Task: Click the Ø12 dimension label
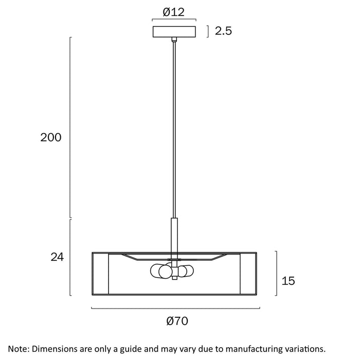174,12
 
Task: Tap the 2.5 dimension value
223,31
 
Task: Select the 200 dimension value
51,137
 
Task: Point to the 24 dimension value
57,257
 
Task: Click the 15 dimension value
288,281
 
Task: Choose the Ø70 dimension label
177,321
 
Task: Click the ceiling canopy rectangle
174,32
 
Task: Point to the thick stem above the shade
174,235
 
